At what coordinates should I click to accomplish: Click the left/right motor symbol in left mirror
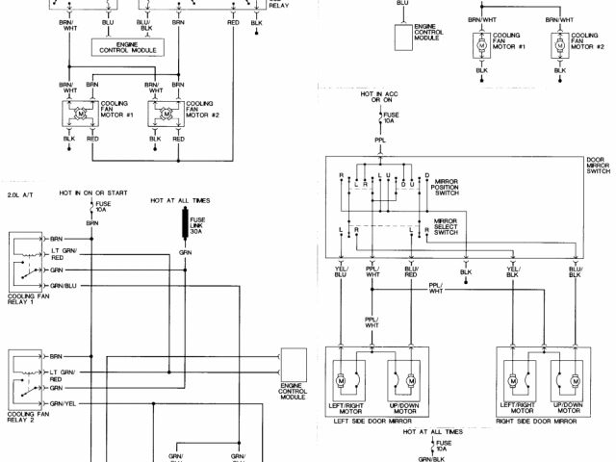tap(341, 381)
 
